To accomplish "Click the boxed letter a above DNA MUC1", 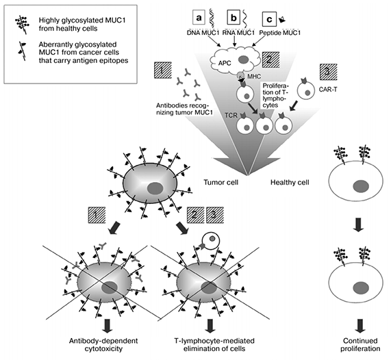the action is pos(199,18).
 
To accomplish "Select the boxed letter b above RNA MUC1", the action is pos(234,18).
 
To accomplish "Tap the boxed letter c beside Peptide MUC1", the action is pos(269,19).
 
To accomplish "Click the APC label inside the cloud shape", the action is pos(225,63).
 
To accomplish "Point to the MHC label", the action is pos(254,76).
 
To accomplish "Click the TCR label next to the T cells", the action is pos(231,116).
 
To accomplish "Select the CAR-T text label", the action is pos(328,89).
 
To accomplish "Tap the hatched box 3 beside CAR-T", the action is pos(329,72).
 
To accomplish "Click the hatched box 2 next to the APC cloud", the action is pos(270,60).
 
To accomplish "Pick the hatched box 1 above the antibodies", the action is pos(163,70).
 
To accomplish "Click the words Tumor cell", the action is pos(221,182).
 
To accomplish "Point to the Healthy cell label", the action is pos(290,182).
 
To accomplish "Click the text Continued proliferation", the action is pos(360,344).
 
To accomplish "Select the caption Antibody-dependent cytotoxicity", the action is pos(103,344).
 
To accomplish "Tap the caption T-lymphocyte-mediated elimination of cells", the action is pos(214,344).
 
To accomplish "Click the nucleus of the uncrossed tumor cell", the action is pos(155,188).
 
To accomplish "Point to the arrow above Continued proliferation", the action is pos(360,326).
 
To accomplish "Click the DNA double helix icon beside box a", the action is pos(212,17).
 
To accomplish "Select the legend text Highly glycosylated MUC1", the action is pos(82,20).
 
